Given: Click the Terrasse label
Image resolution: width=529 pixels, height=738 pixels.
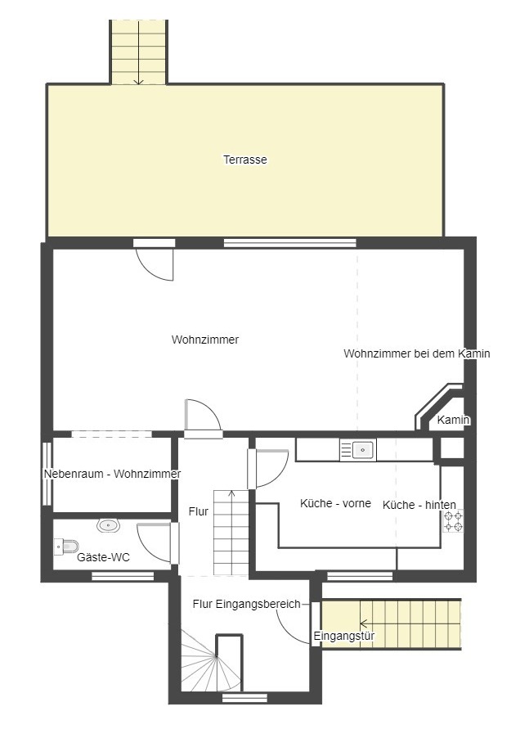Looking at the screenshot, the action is pyautogui.click(x=245, y=160).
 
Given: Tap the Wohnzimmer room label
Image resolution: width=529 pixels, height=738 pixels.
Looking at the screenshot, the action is pyautogui.click(x=205, y=340).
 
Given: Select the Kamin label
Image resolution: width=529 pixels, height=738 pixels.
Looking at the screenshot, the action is pyautogui.click(x=453, y=420).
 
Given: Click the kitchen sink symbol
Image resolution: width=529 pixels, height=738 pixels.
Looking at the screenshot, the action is pyautogui.click(x=358, y=450).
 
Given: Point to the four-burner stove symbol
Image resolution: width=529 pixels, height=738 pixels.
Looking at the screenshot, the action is pyautogui.click(x=453, y=521).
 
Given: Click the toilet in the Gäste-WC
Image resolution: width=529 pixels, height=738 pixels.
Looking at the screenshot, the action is pyautogui.click(x=66, y=547).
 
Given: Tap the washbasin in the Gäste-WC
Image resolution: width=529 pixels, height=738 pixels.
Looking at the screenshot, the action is pyautogui.click(x=109, y=524).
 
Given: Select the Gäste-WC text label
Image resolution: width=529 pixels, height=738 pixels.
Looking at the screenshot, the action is pyautogui.click(x=103, y=557).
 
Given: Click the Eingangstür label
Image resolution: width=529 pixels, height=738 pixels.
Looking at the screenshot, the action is pyautogui.click(x=344, y=636).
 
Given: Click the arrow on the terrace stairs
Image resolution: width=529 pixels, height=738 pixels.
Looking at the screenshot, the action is pyautogui.click(x=138, y=52).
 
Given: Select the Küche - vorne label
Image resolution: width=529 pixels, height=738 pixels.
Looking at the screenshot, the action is pyautogui.click(x=335, y=503).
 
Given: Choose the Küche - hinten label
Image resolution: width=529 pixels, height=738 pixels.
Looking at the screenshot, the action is pyautogui.click(x=419, y=505).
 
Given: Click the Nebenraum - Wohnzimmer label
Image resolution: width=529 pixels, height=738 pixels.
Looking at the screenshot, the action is pyautogui.click(x=112, y=474).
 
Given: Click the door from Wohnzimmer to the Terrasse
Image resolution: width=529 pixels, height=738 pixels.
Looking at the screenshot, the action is pyautogui.click(x=155, y=260).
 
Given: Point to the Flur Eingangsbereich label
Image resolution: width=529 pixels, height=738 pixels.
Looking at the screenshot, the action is pyautogui.click(x=246, y=604).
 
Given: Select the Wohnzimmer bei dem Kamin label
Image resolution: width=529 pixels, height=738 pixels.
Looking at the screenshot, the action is pyautogui.click(x=417, y=353).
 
